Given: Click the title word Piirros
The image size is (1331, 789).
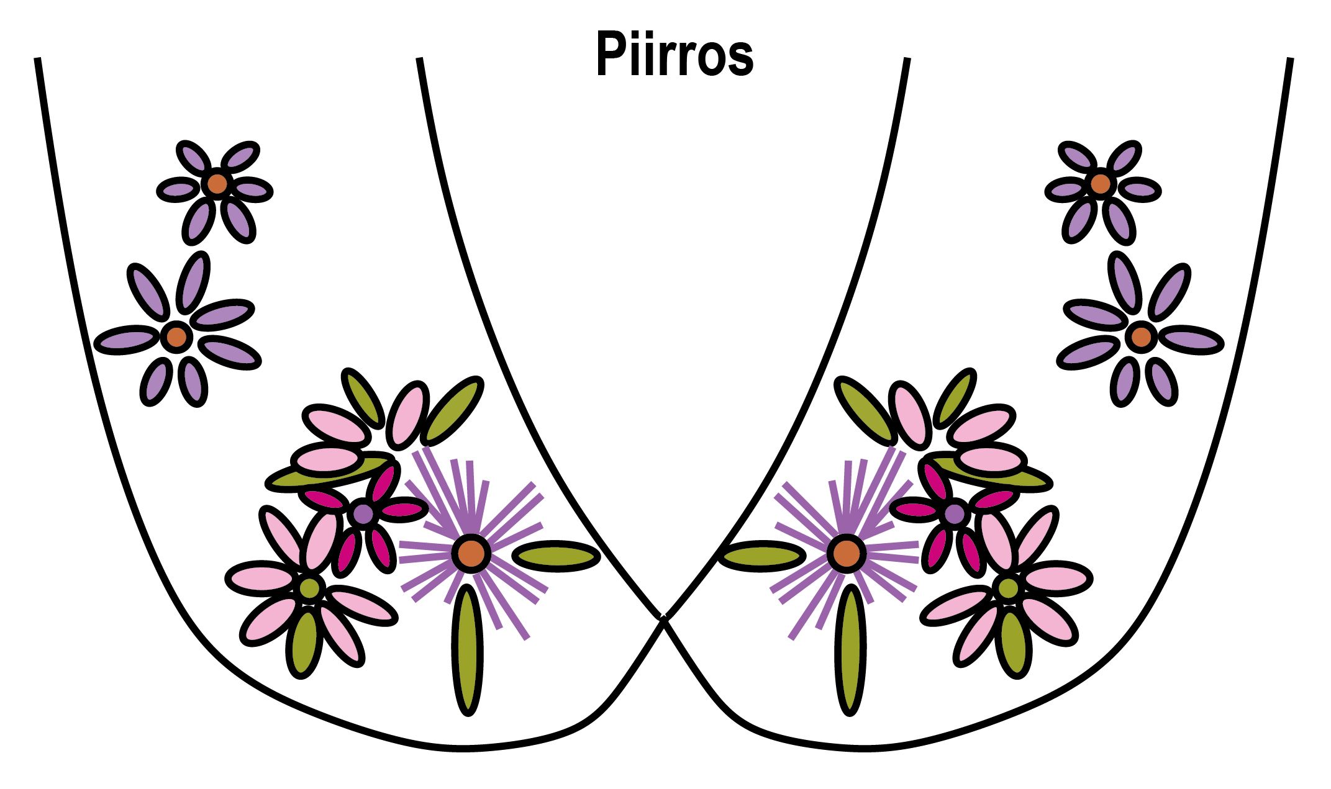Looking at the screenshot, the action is point(675,55).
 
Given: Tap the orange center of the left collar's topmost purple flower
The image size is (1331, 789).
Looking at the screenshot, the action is point(217,183).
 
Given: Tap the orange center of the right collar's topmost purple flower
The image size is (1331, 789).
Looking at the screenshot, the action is point(1100,183).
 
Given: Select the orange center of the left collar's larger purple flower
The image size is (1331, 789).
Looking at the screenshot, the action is point(176,336).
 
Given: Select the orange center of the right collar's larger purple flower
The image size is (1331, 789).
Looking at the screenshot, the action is point(1141,336).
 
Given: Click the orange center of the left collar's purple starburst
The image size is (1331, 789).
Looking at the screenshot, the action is point(471,552).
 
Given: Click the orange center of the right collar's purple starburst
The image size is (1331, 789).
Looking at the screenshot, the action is point(845,552).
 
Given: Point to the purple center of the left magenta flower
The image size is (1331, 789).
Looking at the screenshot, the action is point(363,513).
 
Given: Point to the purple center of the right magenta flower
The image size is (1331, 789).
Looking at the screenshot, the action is point(955,513).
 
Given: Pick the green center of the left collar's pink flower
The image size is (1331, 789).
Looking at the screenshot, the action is point(309,587).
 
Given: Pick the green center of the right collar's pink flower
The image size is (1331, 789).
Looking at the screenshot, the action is point(1009,587).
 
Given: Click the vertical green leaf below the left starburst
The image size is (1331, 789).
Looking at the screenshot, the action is point(468,649).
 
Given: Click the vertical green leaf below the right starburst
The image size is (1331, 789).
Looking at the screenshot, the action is point(850,649).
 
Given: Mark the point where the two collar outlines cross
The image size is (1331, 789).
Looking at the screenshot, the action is point(663,618).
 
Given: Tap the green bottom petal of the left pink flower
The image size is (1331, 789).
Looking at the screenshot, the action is point(303,642).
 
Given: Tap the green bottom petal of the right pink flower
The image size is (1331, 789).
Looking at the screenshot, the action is point(1014,642).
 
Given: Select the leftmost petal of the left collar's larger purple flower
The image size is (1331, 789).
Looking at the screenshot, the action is point(127,340).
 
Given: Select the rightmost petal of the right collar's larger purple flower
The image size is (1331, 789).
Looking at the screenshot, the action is point(1191,340).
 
